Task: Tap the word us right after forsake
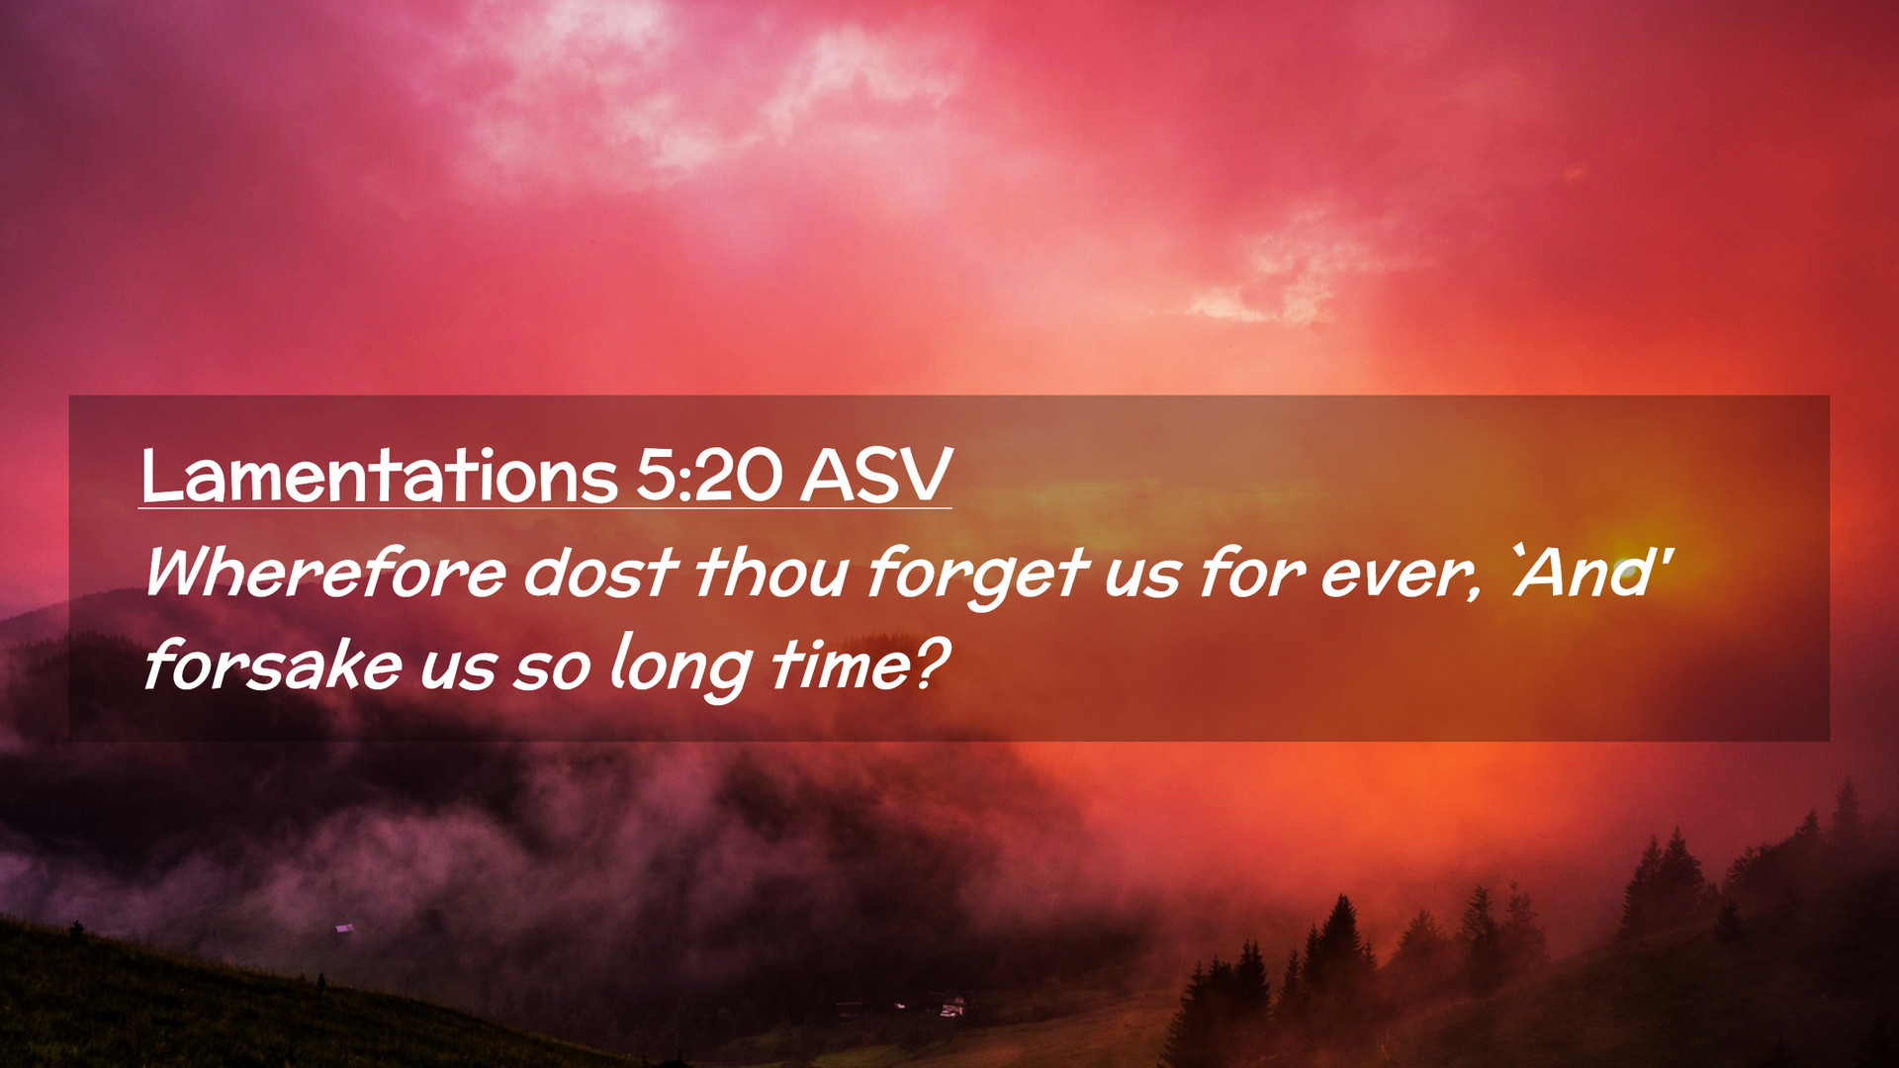[x=458, y=671]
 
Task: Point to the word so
[x=552, y=671]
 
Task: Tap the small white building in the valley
[x=951, y=1009]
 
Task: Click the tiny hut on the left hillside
[x=344, y=928]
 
